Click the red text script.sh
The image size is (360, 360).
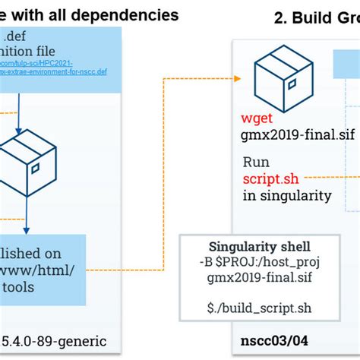tap(270, 178)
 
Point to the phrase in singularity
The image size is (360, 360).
tap(287, 195)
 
